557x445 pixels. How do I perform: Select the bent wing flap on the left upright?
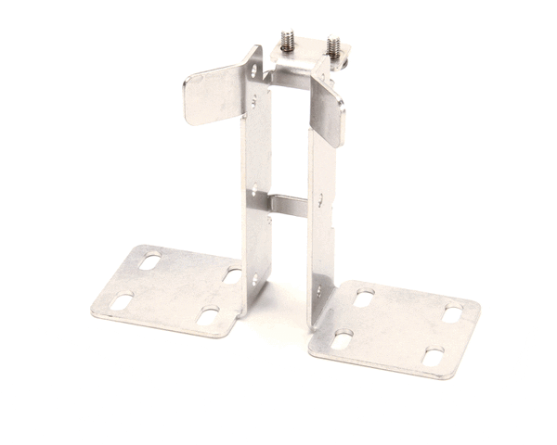click(x=211, y=96)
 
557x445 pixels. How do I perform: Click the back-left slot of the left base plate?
click(x=149, y=262)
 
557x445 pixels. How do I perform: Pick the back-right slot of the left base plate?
click(x=232, y=275)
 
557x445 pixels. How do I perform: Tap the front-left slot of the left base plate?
click(x=121, y=300)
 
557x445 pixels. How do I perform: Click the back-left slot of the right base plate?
click(x=364, y=299)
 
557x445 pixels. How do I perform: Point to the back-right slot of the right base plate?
click(x=451, y=314)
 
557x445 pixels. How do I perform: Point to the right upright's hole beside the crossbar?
click(x=318, y=197)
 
